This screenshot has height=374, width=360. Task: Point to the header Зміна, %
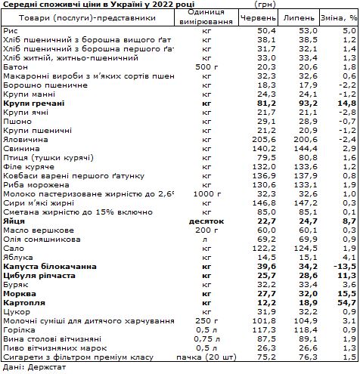coord(337,16)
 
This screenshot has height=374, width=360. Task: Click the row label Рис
coord(11,29)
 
